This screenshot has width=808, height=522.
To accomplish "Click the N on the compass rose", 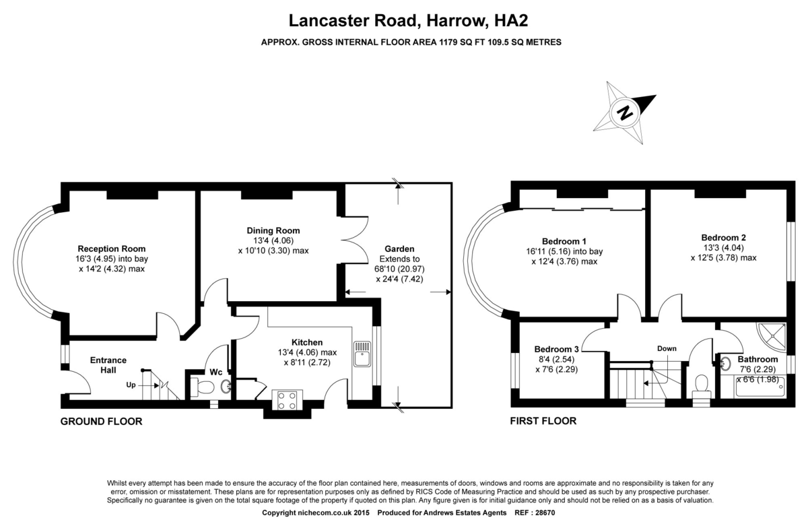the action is (624, 113).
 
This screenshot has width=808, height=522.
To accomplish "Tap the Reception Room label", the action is (112, 249).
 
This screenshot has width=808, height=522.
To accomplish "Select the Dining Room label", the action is (273, 230).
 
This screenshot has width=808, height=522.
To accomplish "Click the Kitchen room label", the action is (307, 342).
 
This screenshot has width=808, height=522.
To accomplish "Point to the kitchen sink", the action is (362, 354).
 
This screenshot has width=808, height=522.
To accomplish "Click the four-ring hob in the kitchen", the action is (287, 400).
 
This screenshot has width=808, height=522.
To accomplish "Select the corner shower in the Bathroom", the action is (772, 337).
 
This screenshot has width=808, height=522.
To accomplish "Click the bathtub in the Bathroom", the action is (760, 387).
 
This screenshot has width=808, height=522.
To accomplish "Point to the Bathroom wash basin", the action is (726, 364).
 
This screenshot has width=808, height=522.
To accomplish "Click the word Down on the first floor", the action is (667, 348).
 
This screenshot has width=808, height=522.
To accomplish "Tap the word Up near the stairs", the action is (131, 385).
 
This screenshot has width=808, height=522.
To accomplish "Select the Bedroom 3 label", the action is (556, 349).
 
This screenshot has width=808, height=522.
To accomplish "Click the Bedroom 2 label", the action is (723, 238).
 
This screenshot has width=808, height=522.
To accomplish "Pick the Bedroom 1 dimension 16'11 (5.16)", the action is (548, 251).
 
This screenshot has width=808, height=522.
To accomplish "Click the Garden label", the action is (399, 249).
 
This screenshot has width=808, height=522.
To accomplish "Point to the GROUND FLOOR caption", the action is (102, 422).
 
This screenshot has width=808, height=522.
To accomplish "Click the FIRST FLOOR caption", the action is (543, 421).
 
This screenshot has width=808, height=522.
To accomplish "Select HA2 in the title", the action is (511, 20).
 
